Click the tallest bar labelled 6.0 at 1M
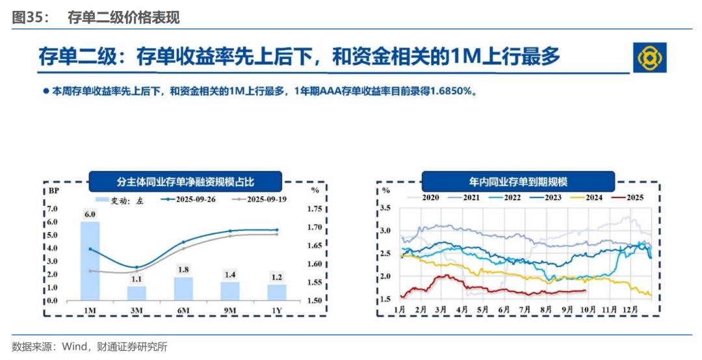coord(90,260)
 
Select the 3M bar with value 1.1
coord(136,293)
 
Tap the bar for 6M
coord(183,289)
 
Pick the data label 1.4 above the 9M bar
coord(230,276)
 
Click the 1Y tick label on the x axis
coord(277,311)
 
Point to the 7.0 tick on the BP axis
coord(53,209)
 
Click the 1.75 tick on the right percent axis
coord(315,209)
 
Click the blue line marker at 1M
coord(90,249)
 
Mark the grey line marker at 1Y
coord(277,234)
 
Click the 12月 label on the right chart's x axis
coord(631,311)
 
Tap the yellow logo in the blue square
coord(650,58)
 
